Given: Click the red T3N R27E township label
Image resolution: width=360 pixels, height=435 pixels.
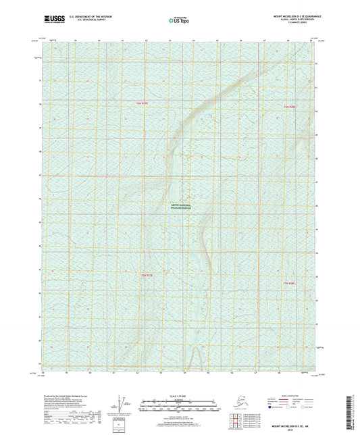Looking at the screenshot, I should (x=147, y=275).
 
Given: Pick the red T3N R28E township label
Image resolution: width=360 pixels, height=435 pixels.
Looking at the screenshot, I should (x=290, y=282).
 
